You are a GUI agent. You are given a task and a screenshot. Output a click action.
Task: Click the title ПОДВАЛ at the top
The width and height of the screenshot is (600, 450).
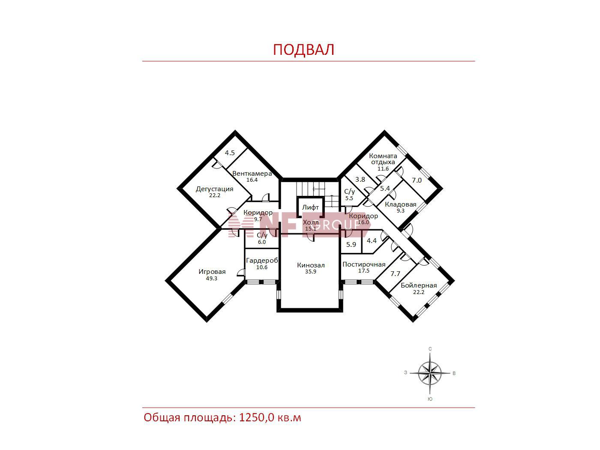click(303, 50)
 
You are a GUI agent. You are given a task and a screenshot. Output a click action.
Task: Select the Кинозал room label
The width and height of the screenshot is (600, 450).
click(311, 265)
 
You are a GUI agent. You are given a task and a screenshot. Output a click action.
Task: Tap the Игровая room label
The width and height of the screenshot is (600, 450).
click(212, 272)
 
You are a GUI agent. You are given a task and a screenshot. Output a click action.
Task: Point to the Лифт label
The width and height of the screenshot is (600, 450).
click(310, 207)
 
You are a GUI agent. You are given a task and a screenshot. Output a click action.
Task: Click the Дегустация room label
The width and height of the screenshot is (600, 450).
click(215, 189)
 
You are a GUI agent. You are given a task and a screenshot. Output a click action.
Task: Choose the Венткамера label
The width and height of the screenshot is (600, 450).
click(252, 174)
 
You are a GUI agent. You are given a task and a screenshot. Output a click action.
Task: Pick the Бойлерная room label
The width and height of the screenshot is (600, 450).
click(419, 285)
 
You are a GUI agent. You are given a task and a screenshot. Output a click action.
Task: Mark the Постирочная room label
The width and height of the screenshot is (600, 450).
click(364, 264)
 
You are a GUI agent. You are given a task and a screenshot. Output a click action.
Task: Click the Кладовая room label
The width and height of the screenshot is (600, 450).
click(400, 204)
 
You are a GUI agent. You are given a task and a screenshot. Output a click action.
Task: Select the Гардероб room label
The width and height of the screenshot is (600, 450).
click(262, 261)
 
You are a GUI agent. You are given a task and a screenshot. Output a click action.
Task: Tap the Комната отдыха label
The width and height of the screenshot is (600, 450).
click(383, 159)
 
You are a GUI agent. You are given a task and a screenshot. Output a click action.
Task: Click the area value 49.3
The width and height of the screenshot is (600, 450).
click(212, 279)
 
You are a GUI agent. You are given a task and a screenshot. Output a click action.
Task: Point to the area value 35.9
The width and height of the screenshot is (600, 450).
click(311, 272)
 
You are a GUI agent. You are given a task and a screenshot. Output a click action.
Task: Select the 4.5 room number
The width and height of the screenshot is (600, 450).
click(230, 153)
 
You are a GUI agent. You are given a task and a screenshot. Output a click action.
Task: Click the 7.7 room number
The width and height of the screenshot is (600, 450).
click(395, 273)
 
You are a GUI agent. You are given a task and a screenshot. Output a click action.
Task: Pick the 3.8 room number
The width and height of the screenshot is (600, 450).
click(360, 180)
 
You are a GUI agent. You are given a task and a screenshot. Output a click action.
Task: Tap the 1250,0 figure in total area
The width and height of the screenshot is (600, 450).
click(256, 418)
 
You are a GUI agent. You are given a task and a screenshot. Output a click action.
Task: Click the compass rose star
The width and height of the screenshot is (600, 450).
click(430, 373)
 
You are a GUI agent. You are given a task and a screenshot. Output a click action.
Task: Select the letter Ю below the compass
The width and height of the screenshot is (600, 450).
click(430, 399)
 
